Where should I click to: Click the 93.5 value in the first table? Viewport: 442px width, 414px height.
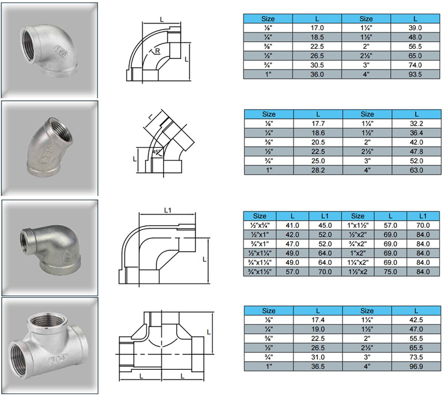tap(415, 74)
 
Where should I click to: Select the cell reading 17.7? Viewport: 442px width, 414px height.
tap(318, 123)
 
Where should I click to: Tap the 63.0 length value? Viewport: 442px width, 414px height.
tap(416, 170)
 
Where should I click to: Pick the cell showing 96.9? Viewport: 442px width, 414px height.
tap(416, 367)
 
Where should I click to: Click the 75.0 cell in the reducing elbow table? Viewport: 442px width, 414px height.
tap(390, 272)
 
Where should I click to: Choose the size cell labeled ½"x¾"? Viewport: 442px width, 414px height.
tap(260, 225)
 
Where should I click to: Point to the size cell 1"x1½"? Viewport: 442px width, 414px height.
tap(358, 225)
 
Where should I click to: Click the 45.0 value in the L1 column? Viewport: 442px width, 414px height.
tap(325, 225)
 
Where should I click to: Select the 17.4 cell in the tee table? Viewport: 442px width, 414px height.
tap(318, 320)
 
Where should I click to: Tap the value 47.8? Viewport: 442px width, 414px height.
tap(416, 152)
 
